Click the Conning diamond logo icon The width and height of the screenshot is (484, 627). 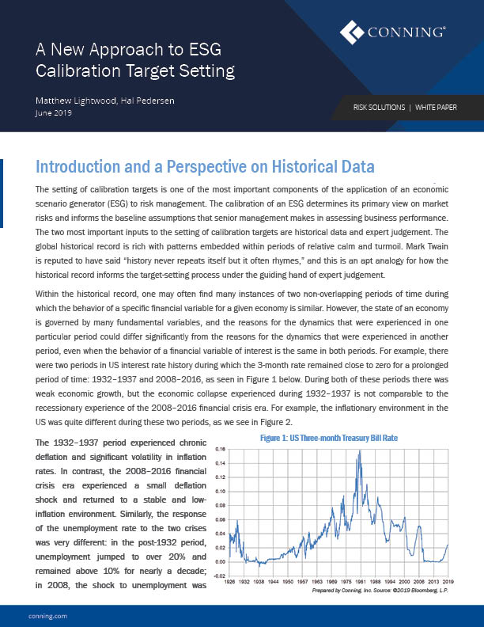(352, 32)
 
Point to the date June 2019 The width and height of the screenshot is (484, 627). (54, 113)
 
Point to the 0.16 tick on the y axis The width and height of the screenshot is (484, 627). (222, 448)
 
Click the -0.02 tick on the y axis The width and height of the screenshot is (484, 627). (221, 576)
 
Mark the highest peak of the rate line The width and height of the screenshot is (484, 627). (361, 451)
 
